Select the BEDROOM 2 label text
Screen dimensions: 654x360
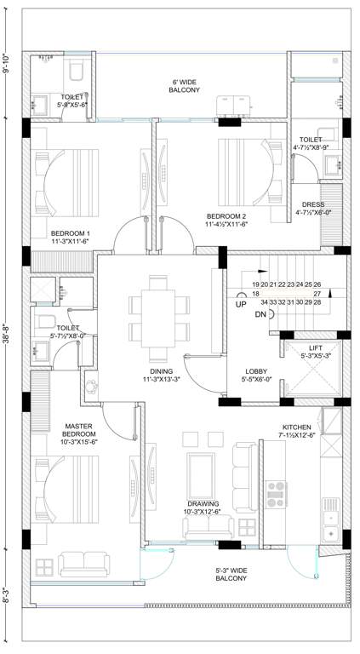(x=226, y=215)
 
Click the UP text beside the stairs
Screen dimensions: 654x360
(x=241, y=304)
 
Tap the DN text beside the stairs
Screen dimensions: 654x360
(x=260, y=314)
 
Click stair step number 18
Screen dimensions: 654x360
(x=254, y=293)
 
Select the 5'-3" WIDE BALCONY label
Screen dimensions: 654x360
(x=231, y=573)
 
